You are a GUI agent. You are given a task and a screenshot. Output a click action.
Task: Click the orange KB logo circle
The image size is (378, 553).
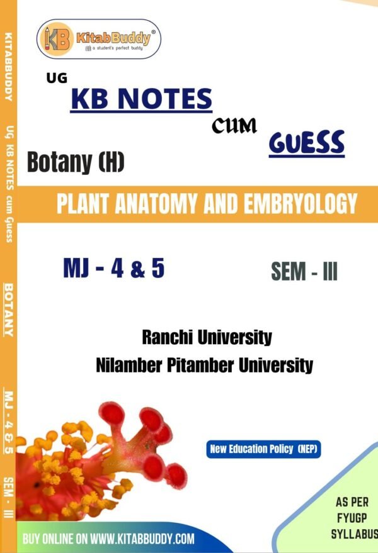click(57, 39)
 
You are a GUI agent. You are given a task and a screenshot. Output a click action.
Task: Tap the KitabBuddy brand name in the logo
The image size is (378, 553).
click(113, 37)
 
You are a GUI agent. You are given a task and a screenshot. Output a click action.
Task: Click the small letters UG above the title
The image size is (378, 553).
click(57, 78)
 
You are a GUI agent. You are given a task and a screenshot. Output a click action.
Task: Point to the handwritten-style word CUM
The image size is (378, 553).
click(234, 126)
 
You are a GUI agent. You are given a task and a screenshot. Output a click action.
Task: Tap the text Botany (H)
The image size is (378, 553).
click(76, 162)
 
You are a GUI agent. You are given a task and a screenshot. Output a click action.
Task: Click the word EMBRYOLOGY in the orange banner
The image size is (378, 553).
click(301, 203)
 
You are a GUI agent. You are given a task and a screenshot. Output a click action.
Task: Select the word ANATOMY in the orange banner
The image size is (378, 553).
click(156, 203)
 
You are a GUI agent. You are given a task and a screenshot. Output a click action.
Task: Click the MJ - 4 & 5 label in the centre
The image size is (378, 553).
click(114, 268)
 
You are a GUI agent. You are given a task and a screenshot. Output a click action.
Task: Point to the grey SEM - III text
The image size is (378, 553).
click(304, 272)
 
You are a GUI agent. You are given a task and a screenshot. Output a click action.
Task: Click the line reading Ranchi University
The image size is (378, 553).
click(207, 337)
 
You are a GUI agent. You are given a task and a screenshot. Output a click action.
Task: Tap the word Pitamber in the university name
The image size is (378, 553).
click(200, 365)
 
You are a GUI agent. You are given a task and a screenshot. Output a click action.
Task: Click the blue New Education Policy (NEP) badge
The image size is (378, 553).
click(263, 449)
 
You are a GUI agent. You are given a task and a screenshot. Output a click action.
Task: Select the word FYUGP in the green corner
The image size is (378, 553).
click(352, 518)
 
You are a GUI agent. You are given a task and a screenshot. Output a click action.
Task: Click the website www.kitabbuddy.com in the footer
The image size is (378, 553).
click(142, 539)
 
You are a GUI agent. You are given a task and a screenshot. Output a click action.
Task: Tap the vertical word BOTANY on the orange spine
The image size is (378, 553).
click(8, 310)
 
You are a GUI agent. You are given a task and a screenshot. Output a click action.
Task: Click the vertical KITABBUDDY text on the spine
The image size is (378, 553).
click(8, 67)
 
